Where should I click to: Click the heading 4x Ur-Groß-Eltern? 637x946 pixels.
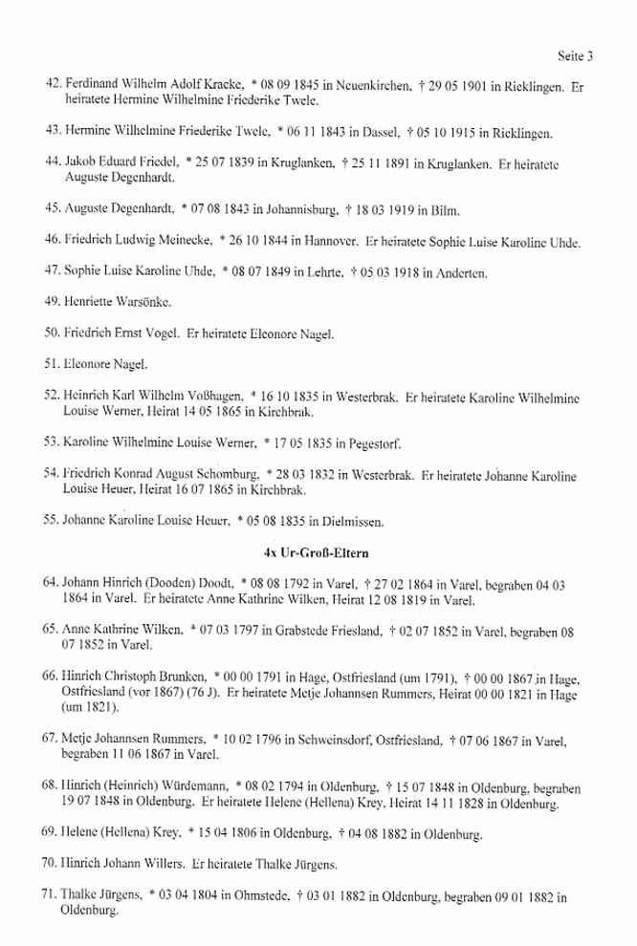(318, 553)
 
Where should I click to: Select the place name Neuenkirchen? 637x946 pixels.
(368, 86)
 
